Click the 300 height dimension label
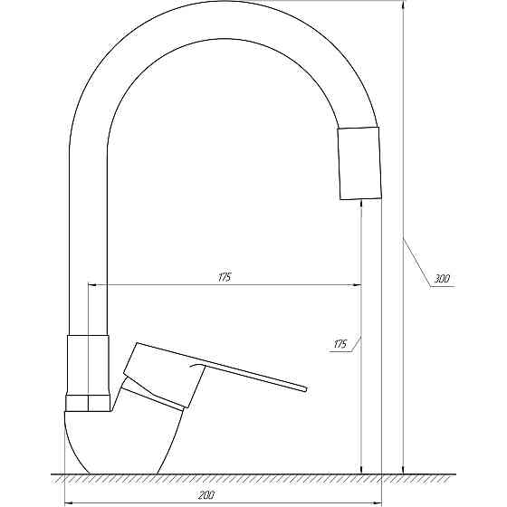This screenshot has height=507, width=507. pyautogui.click(x=442, y=279)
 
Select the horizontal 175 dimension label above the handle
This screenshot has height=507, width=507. pyautogui.click(x=225, y=277)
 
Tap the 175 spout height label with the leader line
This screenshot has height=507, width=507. pyautogui.click(x=340, y=344)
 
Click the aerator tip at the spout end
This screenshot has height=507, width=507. pyautogui.click(x=359, y=163)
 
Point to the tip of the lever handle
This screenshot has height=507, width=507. pyautogui.click(x=305, y=389)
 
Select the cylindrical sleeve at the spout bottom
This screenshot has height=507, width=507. pyautogui.click(x=88, y=365)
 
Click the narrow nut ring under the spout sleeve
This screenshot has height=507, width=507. pyautogui.click(x=88, y=403)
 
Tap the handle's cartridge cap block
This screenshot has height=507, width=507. pyautogui.click(x=165, y=375)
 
